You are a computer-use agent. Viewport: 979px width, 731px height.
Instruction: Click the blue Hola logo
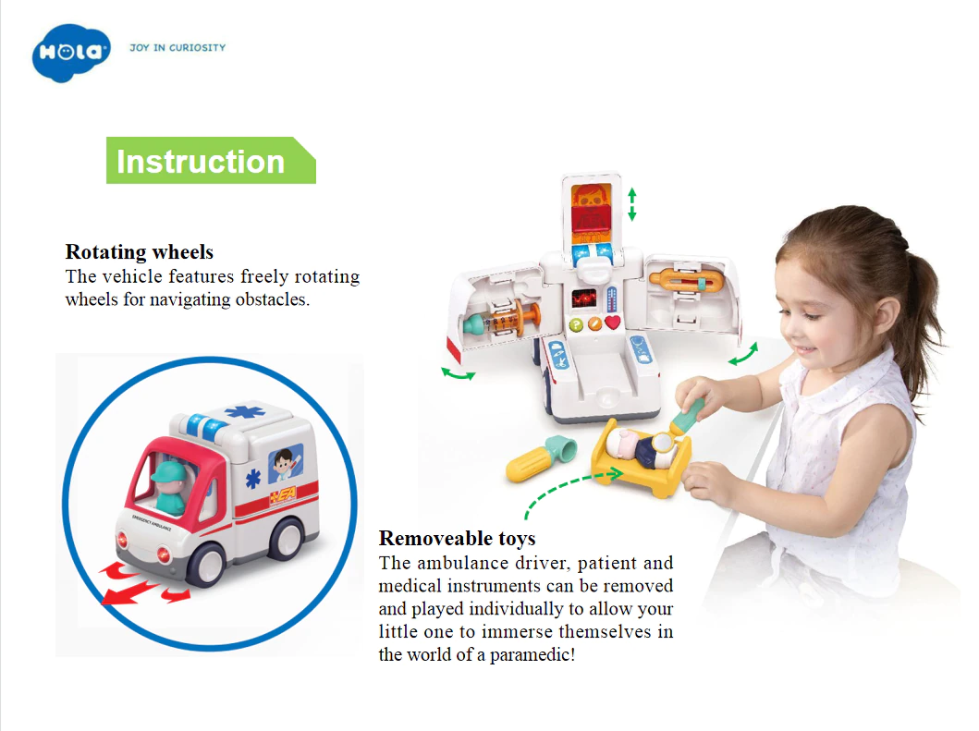71,53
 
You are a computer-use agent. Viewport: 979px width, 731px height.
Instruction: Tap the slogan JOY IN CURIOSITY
177,47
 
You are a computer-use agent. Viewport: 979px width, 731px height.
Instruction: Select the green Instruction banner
211,161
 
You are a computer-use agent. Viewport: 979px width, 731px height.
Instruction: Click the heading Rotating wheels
140,251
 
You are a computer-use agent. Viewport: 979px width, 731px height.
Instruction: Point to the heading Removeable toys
457,538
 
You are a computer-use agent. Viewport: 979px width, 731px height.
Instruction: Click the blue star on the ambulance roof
245,412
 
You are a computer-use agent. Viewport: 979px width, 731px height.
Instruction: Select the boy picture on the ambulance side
286,463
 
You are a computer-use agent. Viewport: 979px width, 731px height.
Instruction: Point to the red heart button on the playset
613,323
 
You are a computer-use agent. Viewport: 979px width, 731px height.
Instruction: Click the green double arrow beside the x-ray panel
631,204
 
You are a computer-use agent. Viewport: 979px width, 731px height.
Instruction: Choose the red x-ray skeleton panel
591,213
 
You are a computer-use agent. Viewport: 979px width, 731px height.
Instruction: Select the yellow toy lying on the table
539,460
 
